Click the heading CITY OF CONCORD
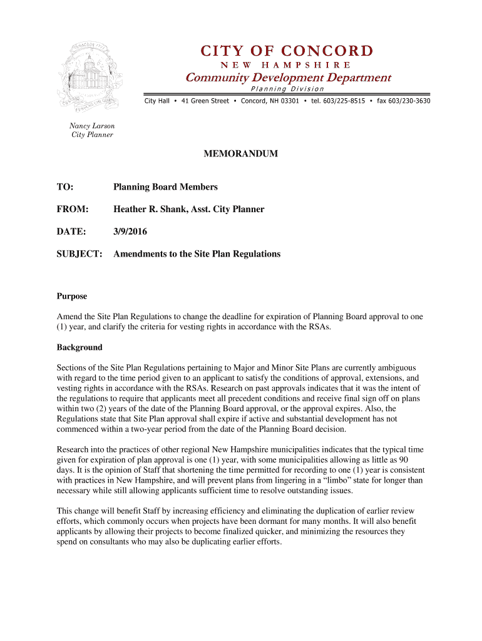[x=287, y=50]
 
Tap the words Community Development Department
[x=287, y=78]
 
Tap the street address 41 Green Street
[x=205, y=101]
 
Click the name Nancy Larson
[x=91, y=126]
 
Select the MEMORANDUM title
[x=240, y=153]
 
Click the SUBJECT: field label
[x=79, y=254]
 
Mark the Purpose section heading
[x=72, y=296]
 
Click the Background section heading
[x=79, y=347]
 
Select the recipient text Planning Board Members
[x=165, y=187]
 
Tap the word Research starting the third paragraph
[x=74, y=449]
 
